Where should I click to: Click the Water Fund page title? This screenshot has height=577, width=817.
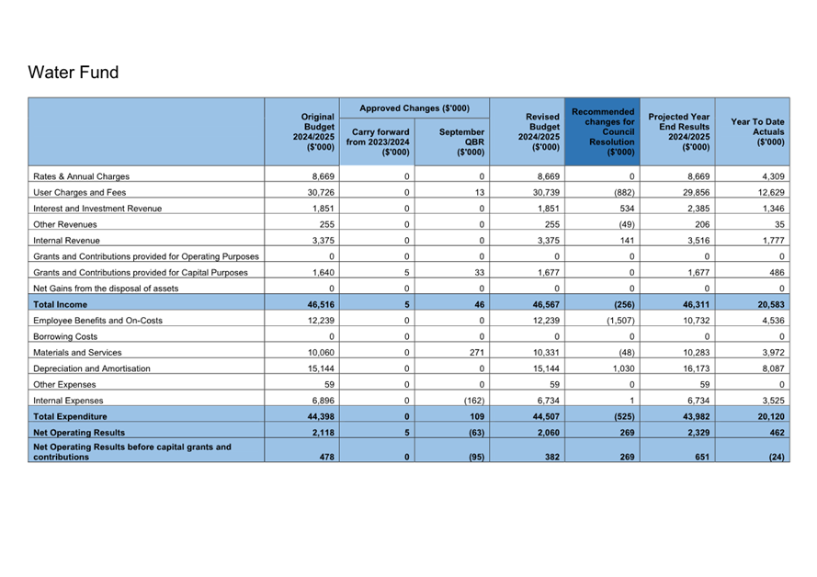click(x=74, y=73)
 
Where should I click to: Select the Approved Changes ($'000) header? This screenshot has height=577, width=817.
click(x=414, y=108)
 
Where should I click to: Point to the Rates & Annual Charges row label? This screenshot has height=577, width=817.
click(x=81, y=176)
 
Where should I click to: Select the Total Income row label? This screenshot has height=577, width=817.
click(x=61, y=304)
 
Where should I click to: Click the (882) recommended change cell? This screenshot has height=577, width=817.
click(x=621, y=192)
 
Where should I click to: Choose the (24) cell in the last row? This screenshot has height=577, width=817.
click(x=776, y=456)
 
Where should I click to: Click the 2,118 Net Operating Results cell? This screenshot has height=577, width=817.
click(x=316, y=432)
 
